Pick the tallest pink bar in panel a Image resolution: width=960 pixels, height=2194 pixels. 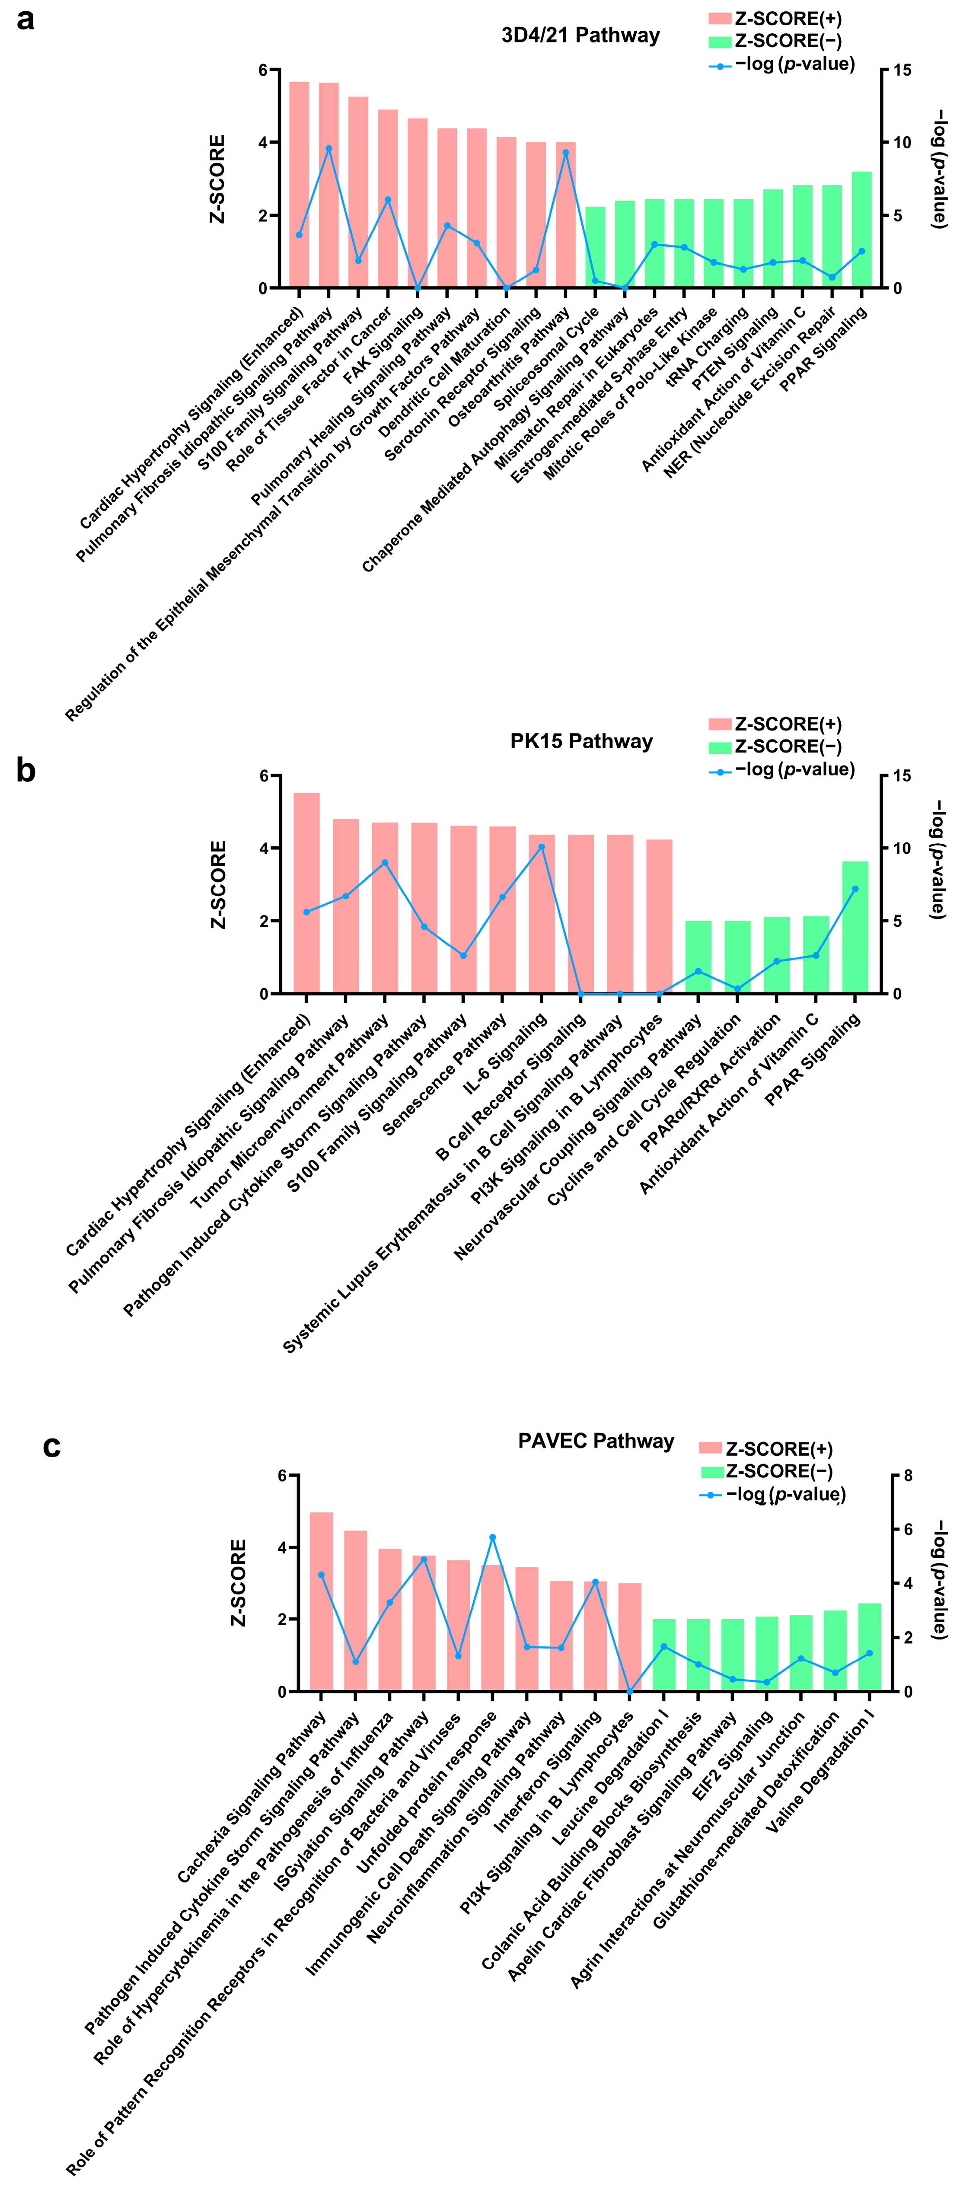click(x=299, y=184)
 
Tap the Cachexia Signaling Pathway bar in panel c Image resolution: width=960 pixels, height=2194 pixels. click(x=321, y=1601)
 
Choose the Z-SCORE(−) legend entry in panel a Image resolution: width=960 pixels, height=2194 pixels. click(x=775, y=41)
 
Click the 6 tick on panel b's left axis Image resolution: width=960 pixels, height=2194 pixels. click(x=264, y=776)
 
